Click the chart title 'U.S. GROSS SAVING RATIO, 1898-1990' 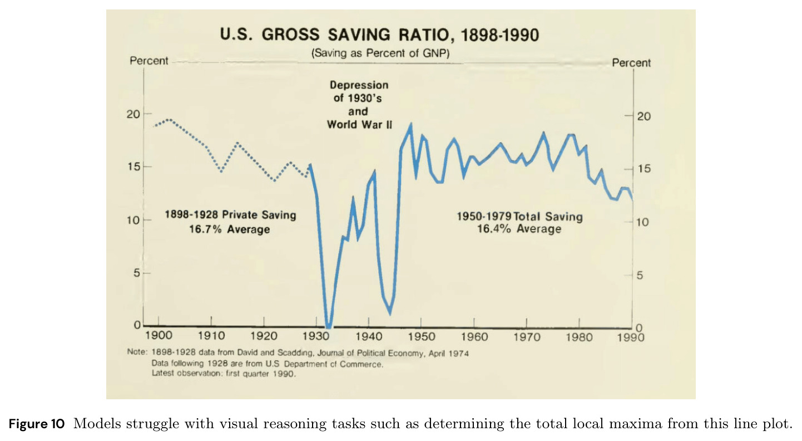pos(379,35)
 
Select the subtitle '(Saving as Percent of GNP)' pos(380,53)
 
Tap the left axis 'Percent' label pos(148,61)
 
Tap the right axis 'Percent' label pos(631,63)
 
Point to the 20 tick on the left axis pos(133,114)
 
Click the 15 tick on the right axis pos(643,169)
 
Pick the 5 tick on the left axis pos(137,273)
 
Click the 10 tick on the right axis pos(643,222)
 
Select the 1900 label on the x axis pos(159,336)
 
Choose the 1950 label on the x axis pos(422,337)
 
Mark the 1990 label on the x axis pos(631,337)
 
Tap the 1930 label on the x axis pos(316,336)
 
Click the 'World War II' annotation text pos(359,124)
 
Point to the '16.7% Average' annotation pos(230,229)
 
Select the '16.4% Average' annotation pos(519,229)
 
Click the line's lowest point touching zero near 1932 pos(329,327)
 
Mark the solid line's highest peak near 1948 pos(410,124)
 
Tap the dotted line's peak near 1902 pos(169,119)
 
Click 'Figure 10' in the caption pos(36,424)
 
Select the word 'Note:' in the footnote pos(137,352)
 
